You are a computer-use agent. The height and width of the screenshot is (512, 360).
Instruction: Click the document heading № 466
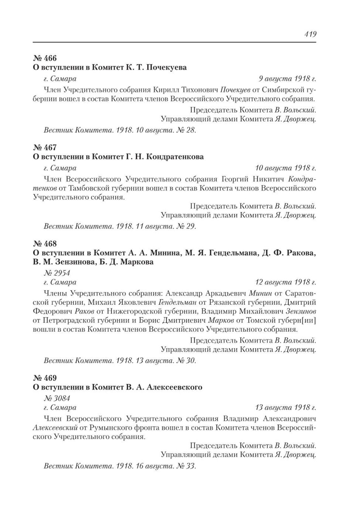point(45,58)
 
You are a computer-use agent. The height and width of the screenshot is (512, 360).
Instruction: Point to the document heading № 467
point(45,147)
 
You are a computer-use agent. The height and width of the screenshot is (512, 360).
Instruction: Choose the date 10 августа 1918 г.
point(286,168)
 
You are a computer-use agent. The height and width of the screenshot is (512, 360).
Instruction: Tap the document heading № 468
point(45,243)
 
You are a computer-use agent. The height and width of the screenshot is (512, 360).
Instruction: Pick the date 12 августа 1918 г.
point(286,282)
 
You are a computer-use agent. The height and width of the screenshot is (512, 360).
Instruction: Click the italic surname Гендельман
point(178,302)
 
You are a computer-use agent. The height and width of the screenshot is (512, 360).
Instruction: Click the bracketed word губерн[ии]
point(300,321)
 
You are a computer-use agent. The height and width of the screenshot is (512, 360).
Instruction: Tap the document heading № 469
point(45,378)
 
